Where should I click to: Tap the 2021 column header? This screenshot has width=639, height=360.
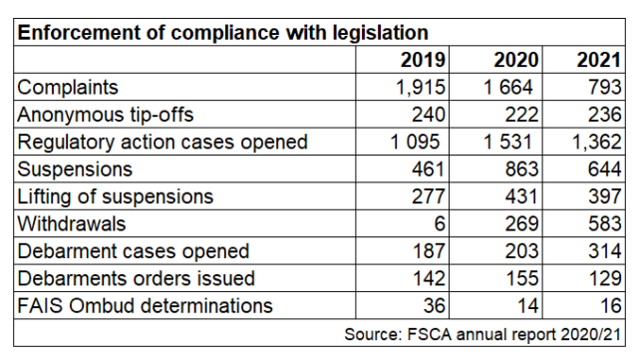pos(598,60)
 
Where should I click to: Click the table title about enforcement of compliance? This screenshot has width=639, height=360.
pos(223,33)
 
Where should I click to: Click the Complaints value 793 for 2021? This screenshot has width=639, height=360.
pos(604,87)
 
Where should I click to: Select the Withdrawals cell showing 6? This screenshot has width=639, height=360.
pos(438,224)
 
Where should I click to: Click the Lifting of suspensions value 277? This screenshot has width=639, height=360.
pos(426,196)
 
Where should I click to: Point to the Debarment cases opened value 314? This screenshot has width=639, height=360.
pos(604,251)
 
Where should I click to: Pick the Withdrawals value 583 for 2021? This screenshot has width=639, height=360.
pos(604,224)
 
